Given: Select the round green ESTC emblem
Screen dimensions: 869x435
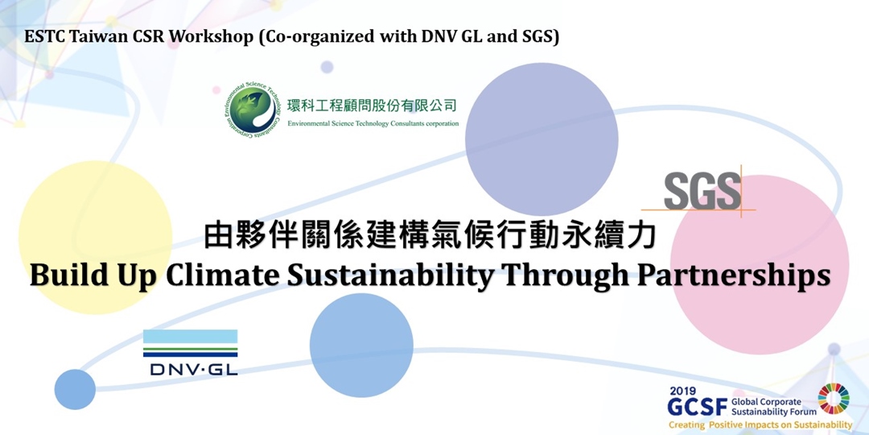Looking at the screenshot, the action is (252, 110).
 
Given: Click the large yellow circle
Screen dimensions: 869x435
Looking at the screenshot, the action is (95, 238).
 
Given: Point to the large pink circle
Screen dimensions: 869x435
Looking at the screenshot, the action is (760, 264).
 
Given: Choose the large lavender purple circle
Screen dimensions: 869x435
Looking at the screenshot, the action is (542, 139).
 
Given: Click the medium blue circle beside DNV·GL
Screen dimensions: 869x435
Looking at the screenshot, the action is (361, 345).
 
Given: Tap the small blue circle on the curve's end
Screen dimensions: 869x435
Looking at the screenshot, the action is (75, 389).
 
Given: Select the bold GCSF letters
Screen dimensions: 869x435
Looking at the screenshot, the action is (697, 407).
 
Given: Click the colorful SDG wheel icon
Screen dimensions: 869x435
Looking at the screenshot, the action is (834, 399).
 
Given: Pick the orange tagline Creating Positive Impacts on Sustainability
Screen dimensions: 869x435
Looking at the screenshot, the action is (760, 425).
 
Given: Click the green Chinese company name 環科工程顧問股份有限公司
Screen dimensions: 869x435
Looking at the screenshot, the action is (373, 105).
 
